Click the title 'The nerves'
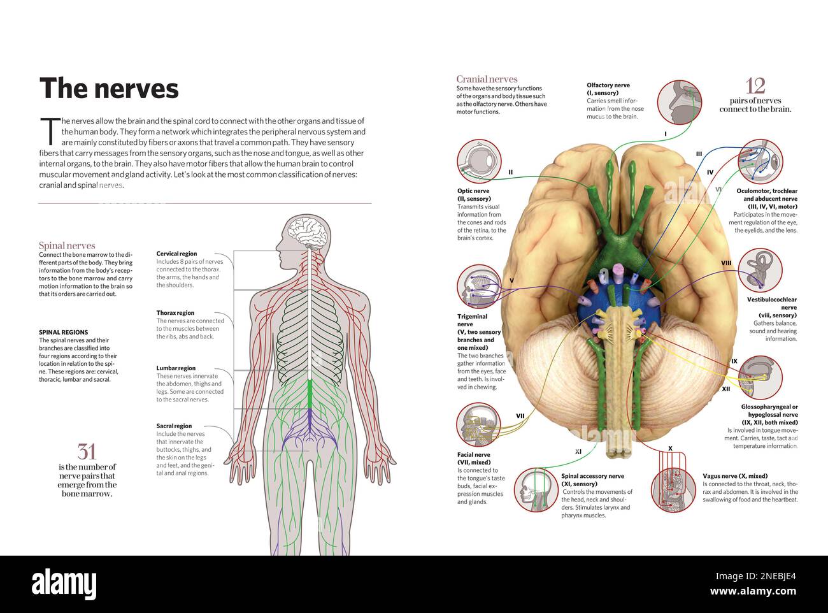pos(109,89)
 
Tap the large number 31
pos(87,452)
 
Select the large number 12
pos(755,85)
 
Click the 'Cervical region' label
pos(176,254)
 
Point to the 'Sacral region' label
pos(174,426)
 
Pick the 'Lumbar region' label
pos(176,368)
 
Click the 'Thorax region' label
pos(175,313)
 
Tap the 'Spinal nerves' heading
pos(67,245)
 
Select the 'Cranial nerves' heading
pos(487,79)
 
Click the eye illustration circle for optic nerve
pos(479,162)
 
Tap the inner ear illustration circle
pos(760,270)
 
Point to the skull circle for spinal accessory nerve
pos(536,489)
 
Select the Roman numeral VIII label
pos(726,263)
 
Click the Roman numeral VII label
pos(520,416)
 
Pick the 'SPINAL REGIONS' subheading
pos(63,332)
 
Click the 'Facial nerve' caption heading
pos(474,455)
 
